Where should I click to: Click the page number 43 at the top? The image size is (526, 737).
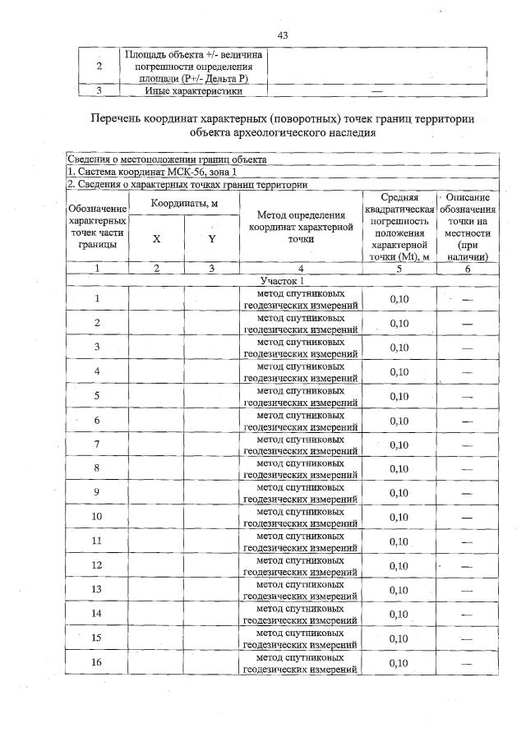pyautogui.click(x=282, y=35)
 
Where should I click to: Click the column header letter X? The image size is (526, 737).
pyautogui.click(x=155, y=238)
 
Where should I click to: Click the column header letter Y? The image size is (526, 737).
pyautogui.click(x=211, y=238)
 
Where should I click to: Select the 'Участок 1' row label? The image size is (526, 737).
pyautogui.click(x=282, y=280)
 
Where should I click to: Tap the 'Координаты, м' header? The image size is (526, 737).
pyautogui.click(x=183, y=203)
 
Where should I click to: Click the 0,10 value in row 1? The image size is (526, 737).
pyautogui.click(x=399, y=299)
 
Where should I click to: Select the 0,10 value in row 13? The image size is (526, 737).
pyautogui.click(x=399, y=590)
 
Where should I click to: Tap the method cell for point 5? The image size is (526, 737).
pyautogui.click(x=300, y=396)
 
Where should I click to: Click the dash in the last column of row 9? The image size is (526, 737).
pyautogui.click(x=468, y=493)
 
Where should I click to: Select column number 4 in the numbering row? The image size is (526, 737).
pyautogui.click(x=300, y=268)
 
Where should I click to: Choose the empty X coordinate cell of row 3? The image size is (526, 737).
pyautogui.click(x=155, y=348)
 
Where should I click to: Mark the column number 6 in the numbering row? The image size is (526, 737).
pyautogui.click(x=468, y=268)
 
